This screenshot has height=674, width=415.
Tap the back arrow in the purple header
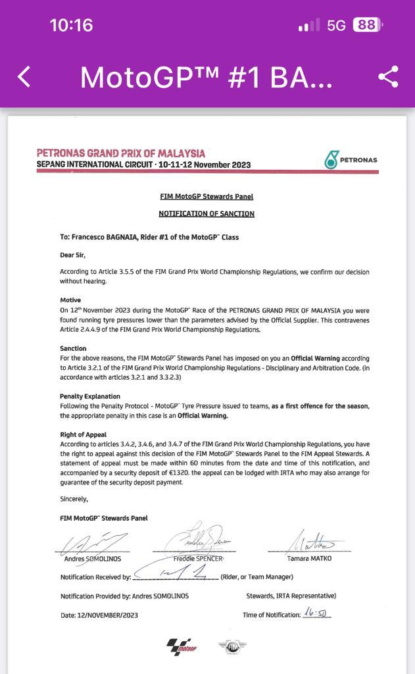(x=24, y=77)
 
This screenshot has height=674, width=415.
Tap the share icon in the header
(x=389, y=77)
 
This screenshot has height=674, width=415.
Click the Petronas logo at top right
(x=351, y=159)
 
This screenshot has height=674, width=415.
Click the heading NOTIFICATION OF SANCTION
(x=207, y=213)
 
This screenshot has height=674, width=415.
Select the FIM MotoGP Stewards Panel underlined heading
(x=207, y=196)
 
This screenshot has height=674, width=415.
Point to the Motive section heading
(x=70, y=299)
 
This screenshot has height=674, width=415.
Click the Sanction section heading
(x=73, y=348)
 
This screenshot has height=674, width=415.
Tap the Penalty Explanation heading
(x=90, y=396)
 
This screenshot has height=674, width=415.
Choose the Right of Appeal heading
(x=83, y=434)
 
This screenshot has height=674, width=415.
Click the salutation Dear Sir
(x=72, y=255)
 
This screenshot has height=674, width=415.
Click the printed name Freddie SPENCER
(x=198, y=558)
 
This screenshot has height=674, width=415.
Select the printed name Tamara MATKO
(x=309, y=558)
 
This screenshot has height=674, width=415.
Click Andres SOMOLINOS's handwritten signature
(x=92, y=544)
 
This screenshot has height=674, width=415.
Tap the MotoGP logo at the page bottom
(x=182, y=646)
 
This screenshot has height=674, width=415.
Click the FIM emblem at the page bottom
(x=233, y=646)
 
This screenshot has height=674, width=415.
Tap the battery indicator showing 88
(x=367, y=25)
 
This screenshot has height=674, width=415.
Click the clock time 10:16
(x=71, y=25)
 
